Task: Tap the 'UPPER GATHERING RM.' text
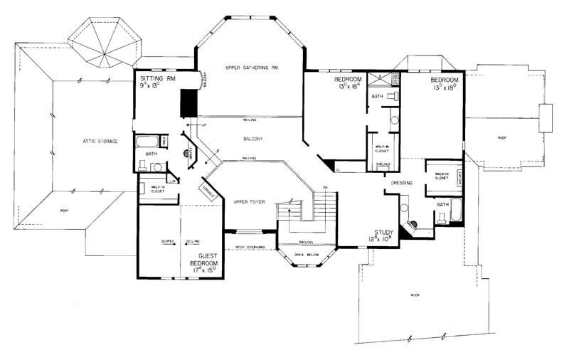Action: pyautogui.click(x=250, y=67)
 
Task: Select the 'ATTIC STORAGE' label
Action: pyautogui.click(x=99, y=142)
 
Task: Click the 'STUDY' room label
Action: pyautogui.click(x=385, y=232)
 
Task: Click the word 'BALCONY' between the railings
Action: pyautogui.click(x=252, y=138)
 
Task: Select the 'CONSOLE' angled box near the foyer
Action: pyautogui.click(x=208, y=191)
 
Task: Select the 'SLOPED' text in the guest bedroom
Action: pyautogui.click(x=168, y=242)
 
